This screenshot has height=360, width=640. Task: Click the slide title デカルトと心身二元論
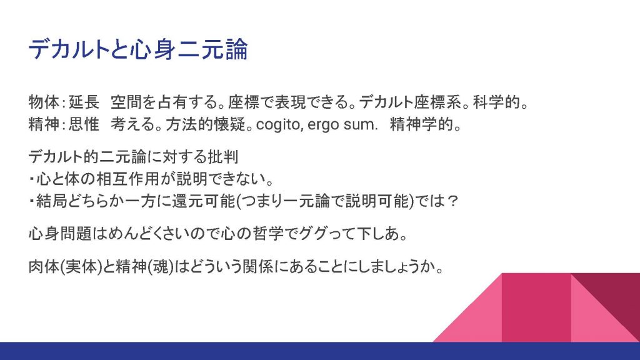pos(138,49)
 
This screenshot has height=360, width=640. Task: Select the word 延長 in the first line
pos(84,102)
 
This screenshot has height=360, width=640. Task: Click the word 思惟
pos(84,124)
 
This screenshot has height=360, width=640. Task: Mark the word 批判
pos(223,157)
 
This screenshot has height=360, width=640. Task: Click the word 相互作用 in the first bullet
pos(127,179)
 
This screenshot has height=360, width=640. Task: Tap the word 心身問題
pos(60,234)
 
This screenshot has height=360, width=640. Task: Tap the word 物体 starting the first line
pos(44,102)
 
